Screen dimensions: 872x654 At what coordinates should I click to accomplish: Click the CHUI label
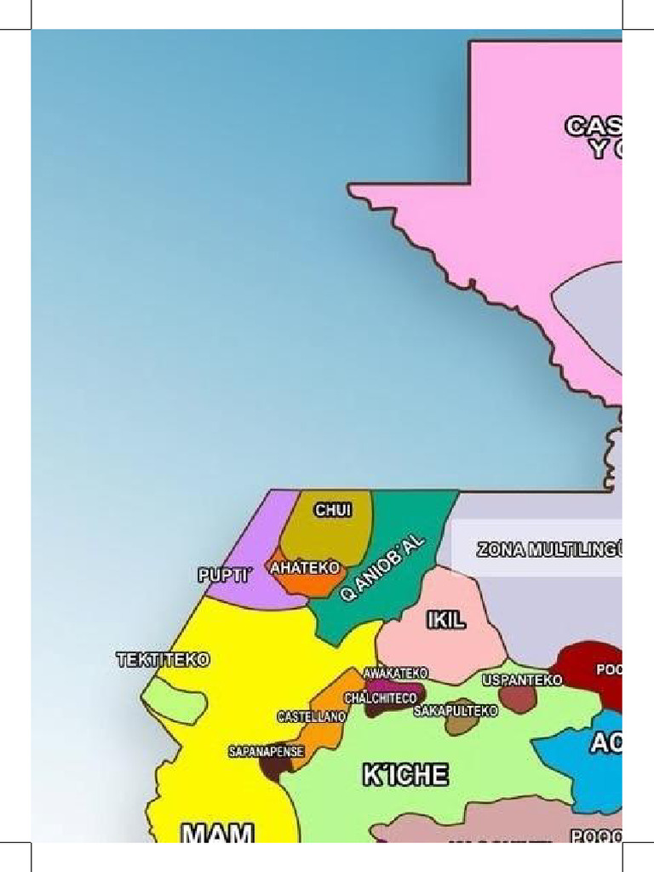click(333, 510)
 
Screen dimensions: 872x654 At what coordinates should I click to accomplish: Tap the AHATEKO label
click(305, 567)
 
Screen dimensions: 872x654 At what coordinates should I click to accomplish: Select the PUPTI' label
click(225, 576)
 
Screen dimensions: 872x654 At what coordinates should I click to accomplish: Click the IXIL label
click(446, 620)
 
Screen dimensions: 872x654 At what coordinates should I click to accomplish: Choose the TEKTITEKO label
click(163, 660)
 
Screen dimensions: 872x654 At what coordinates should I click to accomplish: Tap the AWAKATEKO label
click(395, 674)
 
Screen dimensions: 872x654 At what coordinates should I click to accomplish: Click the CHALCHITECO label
click(381, 698)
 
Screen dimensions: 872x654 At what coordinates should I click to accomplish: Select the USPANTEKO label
click(522, 680)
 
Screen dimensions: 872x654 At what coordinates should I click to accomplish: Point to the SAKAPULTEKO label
click(456, 711)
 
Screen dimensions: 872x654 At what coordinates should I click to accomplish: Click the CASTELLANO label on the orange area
click(312, 717)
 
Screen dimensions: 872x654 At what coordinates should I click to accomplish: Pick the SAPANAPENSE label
click(266, 752)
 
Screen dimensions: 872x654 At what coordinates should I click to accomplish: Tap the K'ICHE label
click(405, 775)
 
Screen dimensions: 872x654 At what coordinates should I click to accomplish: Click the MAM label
click(217, 832)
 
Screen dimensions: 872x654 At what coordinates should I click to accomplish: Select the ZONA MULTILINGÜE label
click(549, 550)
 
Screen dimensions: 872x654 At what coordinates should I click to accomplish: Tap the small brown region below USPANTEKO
click(517, 699)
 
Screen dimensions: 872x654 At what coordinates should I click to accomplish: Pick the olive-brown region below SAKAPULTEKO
click(460, 726)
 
